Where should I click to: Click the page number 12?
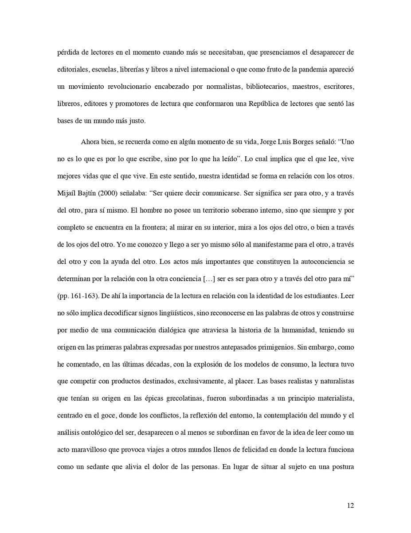pos(350,505)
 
